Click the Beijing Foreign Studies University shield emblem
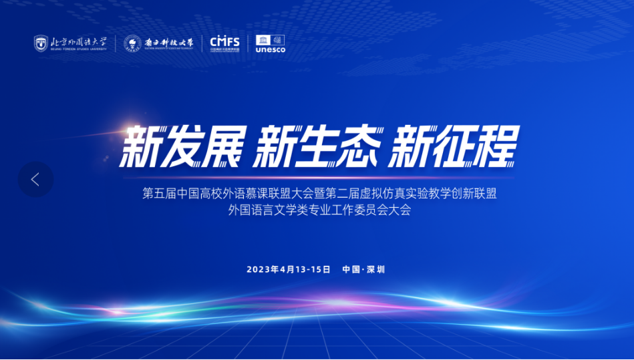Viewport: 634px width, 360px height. (x=41, y=43)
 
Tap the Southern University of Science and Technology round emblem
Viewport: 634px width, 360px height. (x=132, y=43)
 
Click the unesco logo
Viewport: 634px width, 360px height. (x=270, y=43)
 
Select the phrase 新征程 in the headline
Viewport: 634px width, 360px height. (x=454, y=145)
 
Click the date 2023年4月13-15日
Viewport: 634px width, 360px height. (x=289, y=269)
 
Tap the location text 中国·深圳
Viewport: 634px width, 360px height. (x=363, y=269)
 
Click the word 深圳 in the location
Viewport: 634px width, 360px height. (x=376, y=269)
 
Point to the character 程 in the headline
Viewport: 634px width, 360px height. (x=497, y=145)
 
